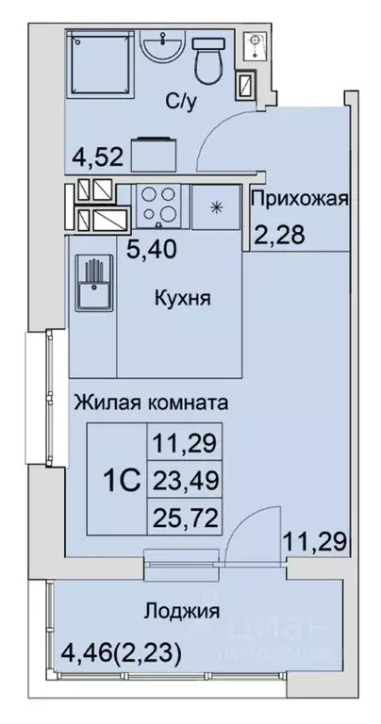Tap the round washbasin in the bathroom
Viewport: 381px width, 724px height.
point(161,47)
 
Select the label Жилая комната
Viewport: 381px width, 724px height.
point(150,403)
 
